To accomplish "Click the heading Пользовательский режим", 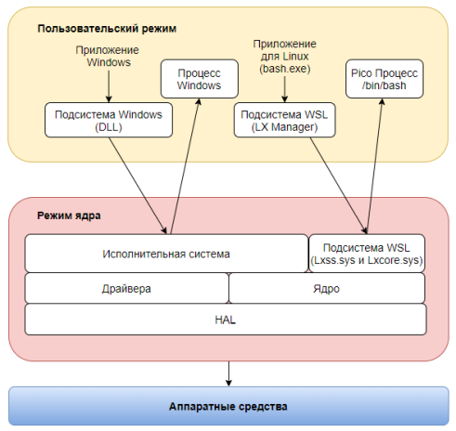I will click(107, 29).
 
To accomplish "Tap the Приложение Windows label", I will click(109, 57).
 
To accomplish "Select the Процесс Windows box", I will click(200, 79).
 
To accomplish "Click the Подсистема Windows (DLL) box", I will click(109, 121).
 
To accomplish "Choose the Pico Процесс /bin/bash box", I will click(382, 79).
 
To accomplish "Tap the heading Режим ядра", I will click(69, 215).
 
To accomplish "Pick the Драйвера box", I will click(126, 289).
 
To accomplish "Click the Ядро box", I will click(326, 289).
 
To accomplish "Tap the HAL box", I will click(226, 319).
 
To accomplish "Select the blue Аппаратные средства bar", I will click(228, 407).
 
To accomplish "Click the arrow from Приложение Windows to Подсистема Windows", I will click(109, 86).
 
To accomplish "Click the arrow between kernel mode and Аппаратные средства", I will click(228, 371).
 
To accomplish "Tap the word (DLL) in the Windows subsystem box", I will click(109, 127).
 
